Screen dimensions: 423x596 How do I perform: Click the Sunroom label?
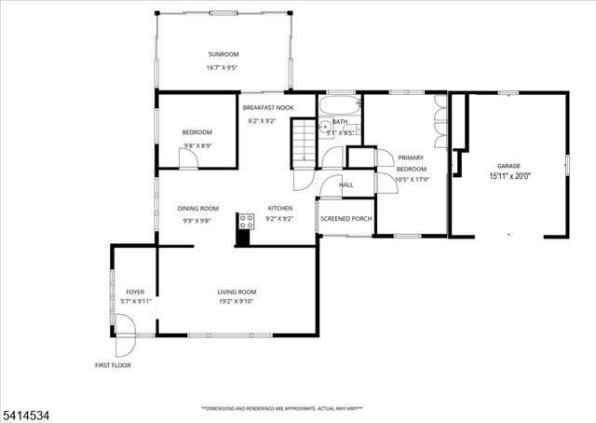point(223,53)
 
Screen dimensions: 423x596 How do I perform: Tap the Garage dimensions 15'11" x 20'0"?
point(508,175)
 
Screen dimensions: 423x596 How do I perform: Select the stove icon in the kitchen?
point(247,221)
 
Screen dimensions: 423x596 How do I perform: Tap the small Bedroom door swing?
point(188,159)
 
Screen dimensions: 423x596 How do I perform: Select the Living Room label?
point(237,291)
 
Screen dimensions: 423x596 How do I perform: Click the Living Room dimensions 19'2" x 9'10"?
point(237,301)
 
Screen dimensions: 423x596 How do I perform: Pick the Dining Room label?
point(198,208)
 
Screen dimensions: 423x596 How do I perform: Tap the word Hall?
point(345,184)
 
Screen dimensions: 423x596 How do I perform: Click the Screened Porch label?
point(345,220)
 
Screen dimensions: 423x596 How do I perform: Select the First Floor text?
point(113,365)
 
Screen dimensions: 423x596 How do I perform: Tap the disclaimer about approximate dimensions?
point(281,408)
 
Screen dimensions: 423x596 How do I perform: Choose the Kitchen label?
point(280,208)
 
